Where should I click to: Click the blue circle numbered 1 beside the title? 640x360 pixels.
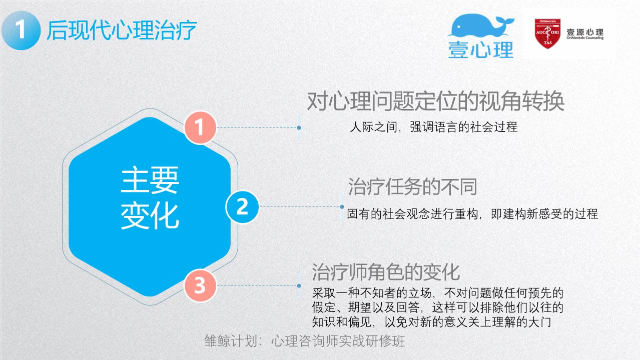[x=21, y=30]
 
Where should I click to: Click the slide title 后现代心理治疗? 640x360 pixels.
[x=122, y=30]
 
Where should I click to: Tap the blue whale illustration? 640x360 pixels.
[x=480, y=25]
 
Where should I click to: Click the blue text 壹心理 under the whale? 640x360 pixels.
[x=481, y=50]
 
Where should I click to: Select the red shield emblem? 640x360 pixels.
[x=547, y=33]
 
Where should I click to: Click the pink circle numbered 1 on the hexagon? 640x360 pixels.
[x=200, y=127]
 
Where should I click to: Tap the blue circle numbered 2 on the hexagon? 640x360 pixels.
[x=242, y=206]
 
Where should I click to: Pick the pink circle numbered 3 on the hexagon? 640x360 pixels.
[x=200, y=285]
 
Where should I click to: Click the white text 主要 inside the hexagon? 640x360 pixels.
[x=150, y=180]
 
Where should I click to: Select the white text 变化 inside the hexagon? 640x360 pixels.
[x=150, y=216]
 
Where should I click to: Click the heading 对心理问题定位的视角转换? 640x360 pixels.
[x=436, y=101]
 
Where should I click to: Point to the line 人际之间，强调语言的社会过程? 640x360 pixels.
[x=434, y=127]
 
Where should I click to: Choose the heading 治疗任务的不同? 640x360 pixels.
[x=412, y=187]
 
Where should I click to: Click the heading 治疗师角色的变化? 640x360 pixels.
[x=386, y=272]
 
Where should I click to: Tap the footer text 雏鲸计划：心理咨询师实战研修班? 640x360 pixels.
[x=305, y=341]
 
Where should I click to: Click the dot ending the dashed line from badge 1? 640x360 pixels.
[x=299, y=127]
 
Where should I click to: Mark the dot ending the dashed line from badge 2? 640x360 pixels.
[x=342, y=206]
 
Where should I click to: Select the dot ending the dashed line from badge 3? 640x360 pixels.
[x=299, y=285]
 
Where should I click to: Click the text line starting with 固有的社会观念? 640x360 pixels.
[x=472, y=214]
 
